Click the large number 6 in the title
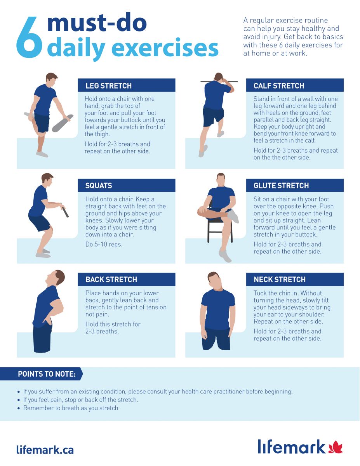pos(29,37)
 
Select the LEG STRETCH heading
pos(108,86)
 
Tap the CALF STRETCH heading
pos(279,86)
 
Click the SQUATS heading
pos(99,186)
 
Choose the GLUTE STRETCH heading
pos(281,186)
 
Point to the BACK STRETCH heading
pos(111,280)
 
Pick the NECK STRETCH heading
pos(280,280)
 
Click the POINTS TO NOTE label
pos(47,374)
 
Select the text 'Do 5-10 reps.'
pos(104,244)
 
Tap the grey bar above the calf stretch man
pos(219,82)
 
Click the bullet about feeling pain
pos(80,400)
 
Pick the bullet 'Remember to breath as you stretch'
pos(71,408)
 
